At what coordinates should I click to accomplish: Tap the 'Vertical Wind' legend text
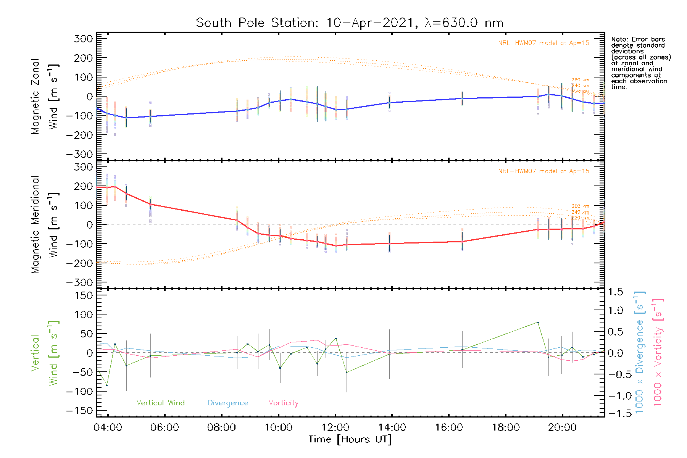(160, 403)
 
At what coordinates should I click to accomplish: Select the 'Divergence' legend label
(228, 403)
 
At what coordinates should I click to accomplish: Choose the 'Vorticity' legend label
(283, 403)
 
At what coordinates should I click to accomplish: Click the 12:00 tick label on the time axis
(335, 427)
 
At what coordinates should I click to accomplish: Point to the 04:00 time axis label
(108, 427)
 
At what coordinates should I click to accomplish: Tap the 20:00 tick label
(562, 427)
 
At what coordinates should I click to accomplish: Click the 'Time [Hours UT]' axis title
(350, 439)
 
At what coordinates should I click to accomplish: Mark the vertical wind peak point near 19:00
(538, 323)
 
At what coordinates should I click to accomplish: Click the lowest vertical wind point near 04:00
(107, 385)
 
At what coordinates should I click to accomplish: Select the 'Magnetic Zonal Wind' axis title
(45, 96)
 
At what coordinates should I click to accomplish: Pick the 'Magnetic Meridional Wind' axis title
(45, 224)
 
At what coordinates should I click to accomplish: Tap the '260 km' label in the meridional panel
(580, 206)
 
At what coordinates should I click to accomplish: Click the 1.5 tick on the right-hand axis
(616, 292)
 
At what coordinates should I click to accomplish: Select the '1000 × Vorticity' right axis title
(658, 353)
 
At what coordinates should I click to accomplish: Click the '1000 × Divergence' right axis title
(639, 353)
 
